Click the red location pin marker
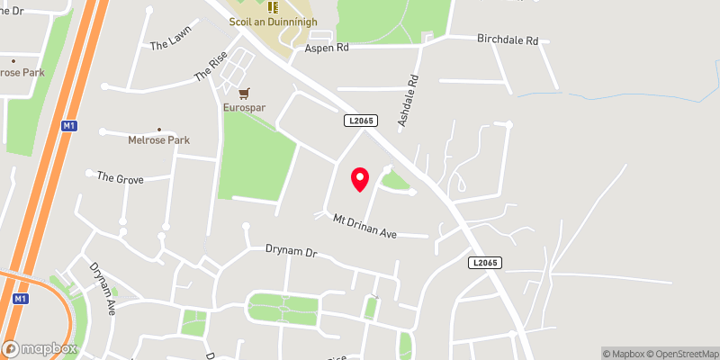click(x=360, y=179)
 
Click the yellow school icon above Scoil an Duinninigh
click(x=272, y=6)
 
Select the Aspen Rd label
click(x=327, y=48)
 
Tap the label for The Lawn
click(x=171, y=43)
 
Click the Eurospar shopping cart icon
click(x=243, y=92)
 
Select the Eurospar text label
click(x=244, y=108)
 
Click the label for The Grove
click(x=120, y=178)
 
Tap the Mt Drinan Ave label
click(x=364, y=226)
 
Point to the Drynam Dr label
click(x=292, y=251)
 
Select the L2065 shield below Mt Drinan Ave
click(x=485, y=263)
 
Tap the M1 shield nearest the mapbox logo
click(x=21, y=298)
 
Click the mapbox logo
click(x=38, y=347)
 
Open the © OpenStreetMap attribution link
click(x=683, y=354)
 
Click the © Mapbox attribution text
click(x=623, y=354)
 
